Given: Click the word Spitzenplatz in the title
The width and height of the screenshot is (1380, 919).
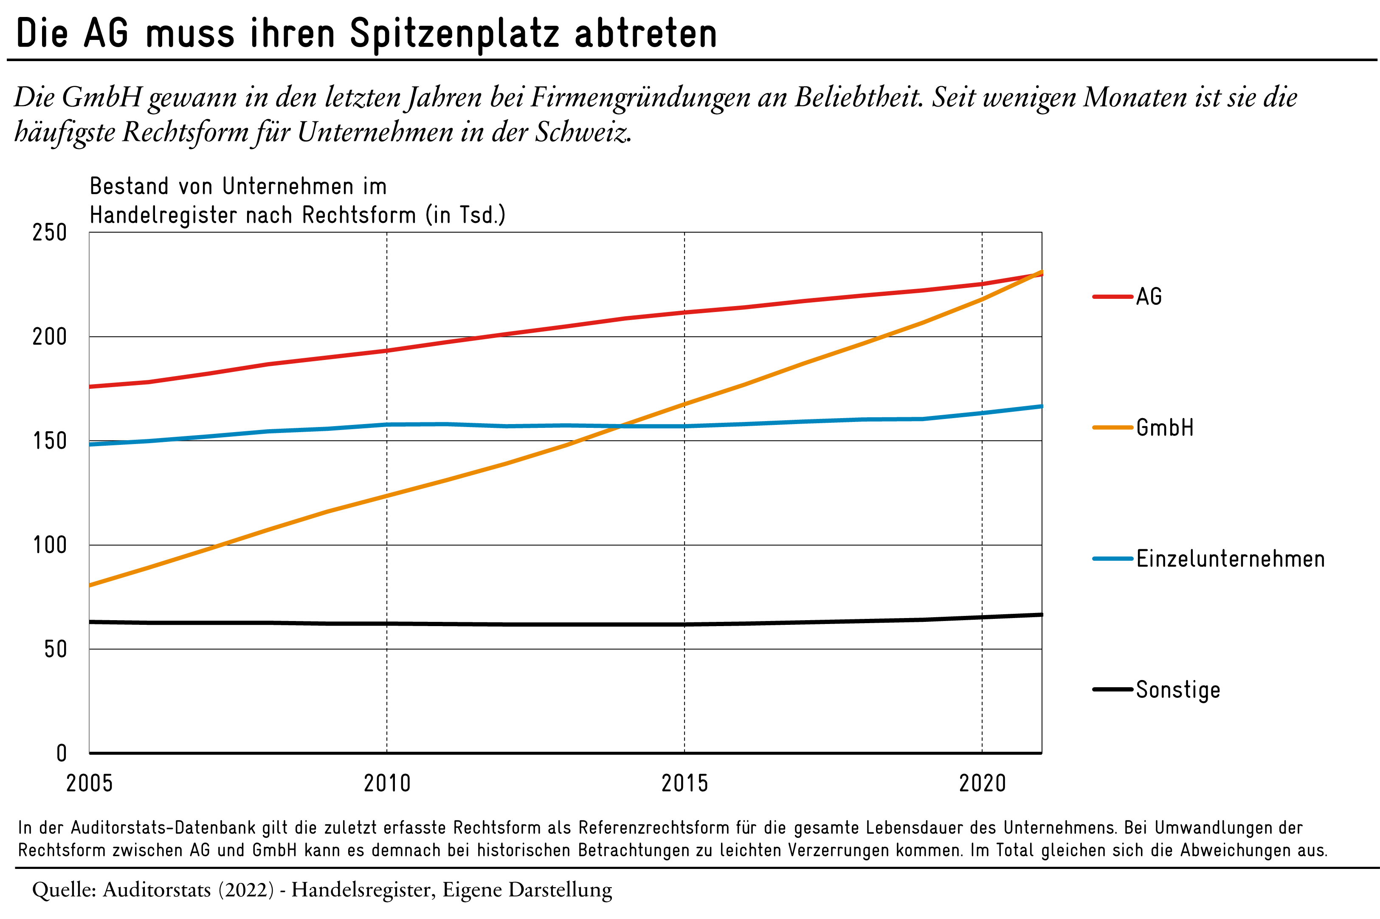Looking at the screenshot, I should [x=454, y=34].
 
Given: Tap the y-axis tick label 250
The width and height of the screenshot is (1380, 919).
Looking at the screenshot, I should [x=50, y=233].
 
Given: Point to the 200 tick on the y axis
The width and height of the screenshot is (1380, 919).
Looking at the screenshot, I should [x=50, y=337].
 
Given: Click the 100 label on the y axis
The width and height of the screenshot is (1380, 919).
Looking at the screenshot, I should [x=50, y=545].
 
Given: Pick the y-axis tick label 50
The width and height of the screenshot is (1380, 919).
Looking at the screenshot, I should [x=56, y=649].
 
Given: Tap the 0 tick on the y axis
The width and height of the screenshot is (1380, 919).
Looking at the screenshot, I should [x=62, y=753].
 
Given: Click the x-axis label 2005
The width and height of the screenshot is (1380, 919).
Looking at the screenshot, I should [x=89, y=783].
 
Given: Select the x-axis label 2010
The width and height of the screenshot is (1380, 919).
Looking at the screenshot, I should [x=387, y=783].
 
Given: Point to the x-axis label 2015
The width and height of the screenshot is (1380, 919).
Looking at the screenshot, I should [x=685, y=783].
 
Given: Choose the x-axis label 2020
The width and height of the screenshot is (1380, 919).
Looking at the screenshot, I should [x=983, y=783].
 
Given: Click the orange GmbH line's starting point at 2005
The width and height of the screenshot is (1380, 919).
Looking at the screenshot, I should [x=90, y=585].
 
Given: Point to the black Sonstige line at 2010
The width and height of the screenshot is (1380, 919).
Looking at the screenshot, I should [x=387, y=624].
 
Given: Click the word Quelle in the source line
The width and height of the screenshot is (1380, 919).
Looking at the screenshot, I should [x=64, y=890].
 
